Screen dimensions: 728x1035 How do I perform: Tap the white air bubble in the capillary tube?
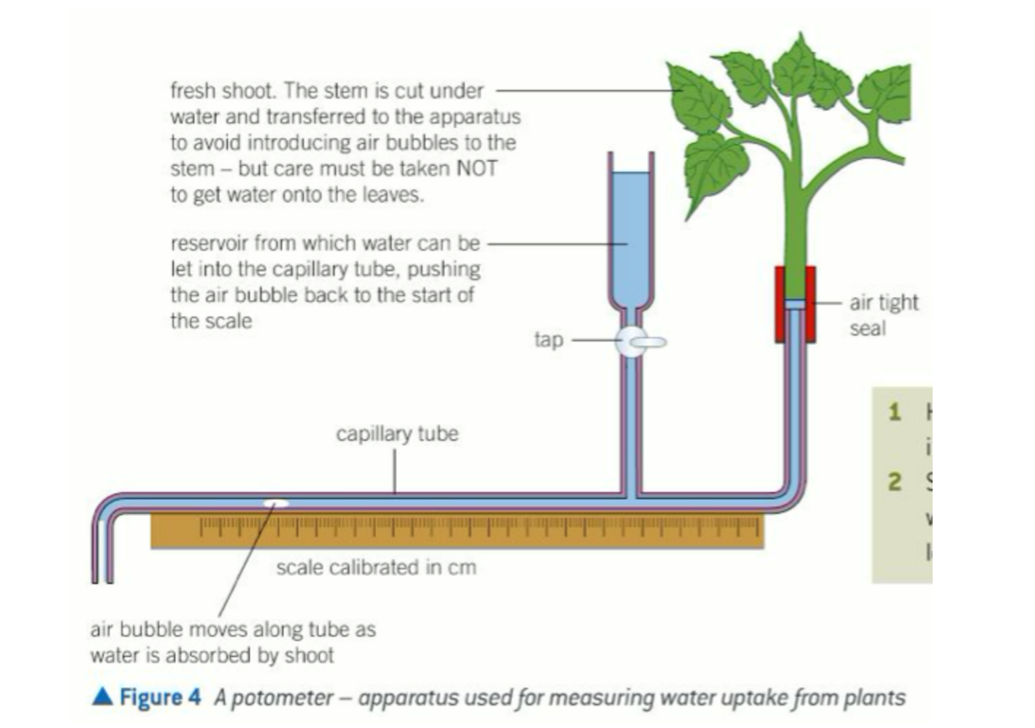pos(275,504)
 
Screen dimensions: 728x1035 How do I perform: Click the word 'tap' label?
pos(549,340)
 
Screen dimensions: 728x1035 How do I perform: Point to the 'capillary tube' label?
pos(396,433)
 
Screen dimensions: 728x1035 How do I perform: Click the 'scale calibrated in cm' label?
pos(376,567)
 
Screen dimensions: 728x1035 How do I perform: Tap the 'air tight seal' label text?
pos(883,315)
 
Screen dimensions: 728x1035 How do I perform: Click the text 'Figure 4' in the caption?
pos(160,697)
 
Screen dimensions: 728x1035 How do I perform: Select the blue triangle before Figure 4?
pos(102,696)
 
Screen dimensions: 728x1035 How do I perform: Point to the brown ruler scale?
pos(458,532)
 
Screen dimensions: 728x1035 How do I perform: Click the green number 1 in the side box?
pos(895,411)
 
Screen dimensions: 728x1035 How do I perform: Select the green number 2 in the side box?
pos(895,482)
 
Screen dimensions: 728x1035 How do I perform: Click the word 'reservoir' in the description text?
pos(206,243)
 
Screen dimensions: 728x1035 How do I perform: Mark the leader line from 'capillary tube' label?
pos(395,470)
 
